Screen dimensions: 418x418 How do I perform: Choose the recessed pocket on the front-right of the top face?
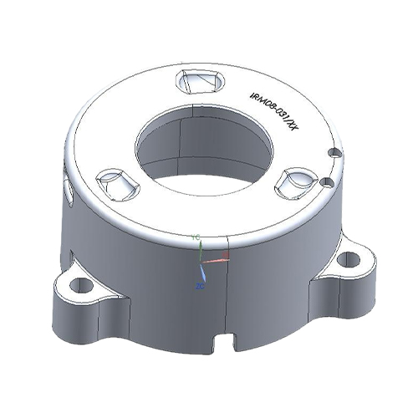295,181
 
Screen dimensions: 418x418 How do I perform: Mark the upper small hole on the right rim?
334,153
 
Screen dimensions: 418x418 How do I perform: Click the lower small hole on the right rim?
328,181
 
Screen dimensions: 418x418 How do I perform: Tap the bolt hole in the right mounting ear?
351,259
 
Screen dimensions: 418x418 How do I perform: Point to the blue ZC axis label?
199,286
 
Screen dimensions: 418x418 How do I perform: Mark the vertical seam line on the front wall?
228,301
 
